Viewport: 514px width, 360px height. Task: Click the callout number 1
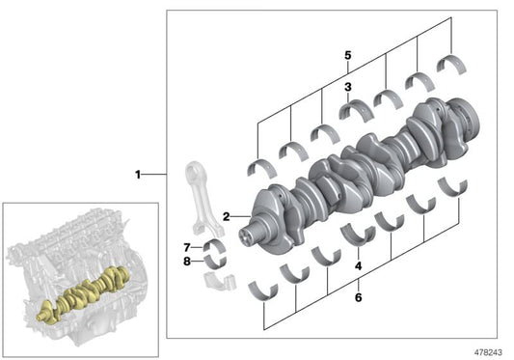[x=138, y=175]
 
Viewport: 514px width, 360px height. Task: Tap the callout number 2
[x=227, y=216]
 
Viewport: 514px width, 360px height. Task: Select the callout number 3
[x=348, y=87]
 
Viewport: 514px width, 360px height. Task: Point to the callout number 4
[x=359, y=265]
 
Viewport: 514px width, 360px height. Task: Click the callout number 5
[x=348, y=55]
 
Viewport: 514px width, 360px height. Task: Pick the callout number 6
[x=359, y=297]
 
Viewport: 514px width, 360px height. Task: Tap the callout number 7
[x=187, y=247]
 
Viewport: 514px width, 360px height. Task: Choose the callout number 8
[x=187, y=262]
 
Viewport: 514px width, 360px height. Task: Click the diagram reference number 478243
[x=488, y=352]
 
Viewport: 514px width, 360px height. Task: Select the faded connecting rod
[x=203, y=199]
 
